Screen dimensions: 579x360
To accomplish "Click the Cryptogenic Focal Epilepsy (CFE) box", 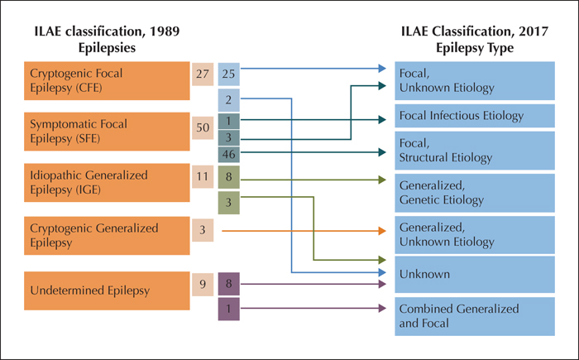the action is point(107,80).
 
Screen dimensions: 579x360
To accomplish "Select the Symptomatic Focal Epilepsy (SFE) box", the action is point(107,132).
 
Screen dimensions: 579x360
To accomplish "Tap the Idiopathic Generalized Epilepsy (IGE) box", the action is point(107,183).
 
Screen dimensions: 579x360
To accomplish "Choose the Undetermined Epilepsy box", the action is point(107,290).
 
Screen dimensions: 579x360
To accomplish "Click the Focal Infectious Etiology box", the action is point(475,116).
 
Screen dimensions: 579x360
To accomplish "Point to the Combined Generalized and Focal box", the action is point(475,316).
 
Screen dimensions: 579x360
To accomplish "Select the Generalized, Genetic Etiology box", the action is point(475,193).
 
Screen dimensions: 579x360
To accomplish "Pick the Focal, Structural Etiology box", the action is point(475,151).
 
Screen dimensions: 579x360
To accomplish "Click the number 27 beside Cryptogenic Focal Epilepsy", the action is point(203,74).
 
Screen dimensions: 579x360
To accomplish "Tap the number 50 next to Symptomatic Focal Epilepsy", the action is point(203,128).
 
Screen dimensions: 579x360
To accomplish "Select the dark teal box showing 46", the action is point(229,154).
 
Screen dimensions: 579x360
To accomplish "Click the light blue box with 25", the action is point(229,74).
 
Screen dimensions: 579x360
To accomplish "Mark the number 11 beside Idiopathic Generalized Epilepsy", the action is point(203,176).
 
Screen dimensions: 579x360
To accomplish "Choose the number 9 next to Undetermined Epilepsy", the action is point(203,284).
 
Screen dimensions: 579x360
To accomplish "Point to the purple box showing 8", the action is point(229,284).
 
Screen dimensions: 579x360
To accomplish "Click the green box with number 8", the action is point(229,177).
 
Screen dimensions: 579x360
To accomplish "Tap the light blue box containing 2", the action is point(229,100).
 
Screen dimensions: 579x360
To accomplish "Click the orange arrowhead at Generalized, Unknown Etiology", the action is point(382,231).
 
